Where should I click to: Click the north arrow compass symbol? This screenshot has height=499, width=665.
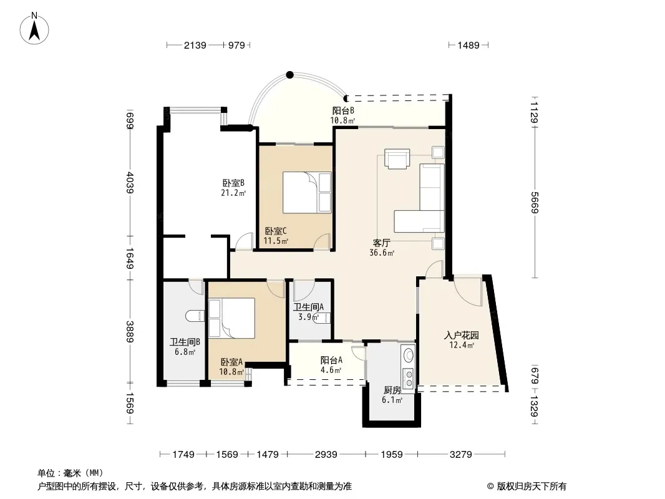(34, 28)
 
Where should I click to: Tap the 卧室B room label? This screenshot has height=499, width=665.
(233, 183)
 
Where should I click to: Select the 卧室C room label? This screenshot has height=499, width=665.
(276, 231)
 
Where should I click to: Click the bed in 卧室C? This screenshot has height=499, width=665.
(307, 192)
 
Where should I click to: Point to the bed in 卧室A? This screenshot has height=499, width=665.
(231, 318)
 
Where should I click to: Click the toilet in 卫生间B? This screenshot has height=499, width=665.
(195, 316)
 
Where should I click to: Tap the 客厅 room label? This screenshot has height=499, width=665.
(382, 243)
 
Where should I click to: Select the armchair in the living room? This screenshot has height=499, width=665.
(397, 158)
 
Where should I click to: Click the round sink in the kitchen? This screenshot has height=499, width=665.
(409, 354)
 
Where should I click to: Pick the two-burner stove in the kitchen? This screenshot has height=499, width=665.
(409, 379)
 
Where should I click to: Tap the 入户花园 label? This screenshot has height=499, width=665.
(462, 336)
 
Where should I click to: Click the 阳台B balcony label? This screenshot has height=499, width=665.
(343, 110)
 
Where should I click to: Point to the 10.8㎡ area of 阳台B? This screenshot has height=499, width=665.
(342, 120)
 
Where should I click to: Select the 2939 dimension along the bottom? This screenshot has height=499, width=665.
(326, 455)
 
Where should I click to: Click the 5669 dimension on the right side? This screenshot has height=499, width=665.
(535, 203)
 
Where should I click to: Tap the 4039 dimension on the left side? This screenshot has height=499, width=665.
(130, 183)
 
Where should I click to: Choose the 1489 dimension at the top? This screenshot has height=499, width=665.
(468, 45)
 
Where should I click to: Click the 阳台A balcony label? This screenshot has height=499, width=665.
(331, 361)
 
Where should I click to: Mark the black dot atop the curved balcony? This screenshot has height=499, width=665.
(289, 75)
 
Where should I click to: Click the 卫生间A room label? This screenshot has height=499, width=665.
(309, 307)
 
